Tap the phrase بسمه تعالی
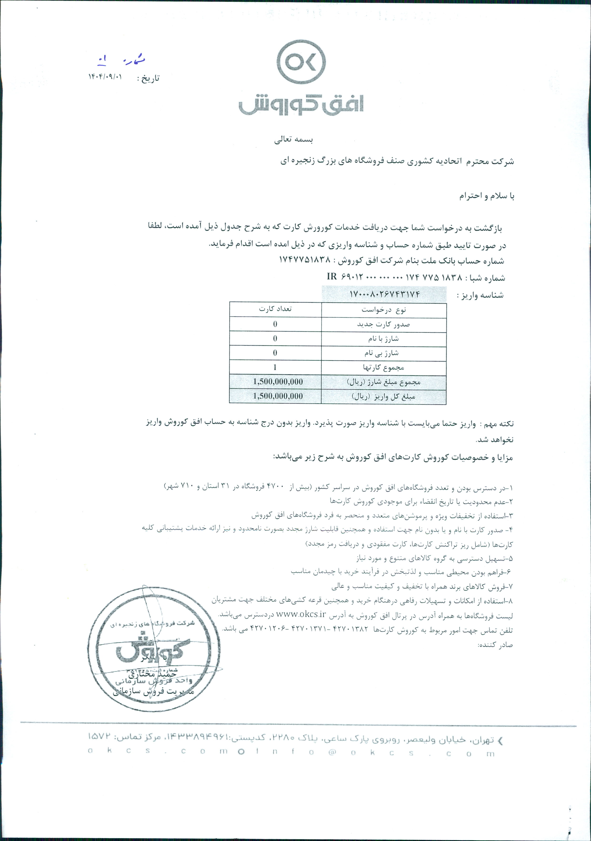click(x=294, y=139)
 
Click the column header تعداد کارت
click(x=275, y=309)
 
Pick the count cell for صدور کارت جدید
click(x=275, y=324)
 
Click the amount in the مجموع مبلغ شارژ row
click(x=278, y=382)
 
